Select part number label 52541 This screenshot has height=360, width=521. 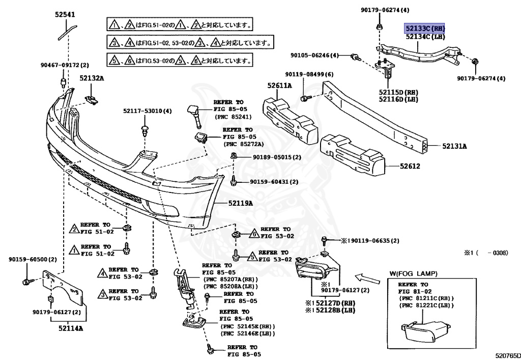pos(66,15)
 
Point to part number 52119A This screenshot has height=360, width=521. pos(240,203)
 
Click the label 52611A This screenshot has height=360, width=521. pos(281,86)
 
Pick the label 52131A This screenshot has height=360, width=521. pos(454,146)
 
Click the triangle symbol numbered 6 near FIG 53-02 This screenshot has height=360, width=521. pos(253,235)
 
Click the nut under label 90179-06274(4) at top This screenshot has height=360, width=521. pos(379,25)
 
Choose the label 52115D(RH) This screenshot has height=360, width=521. pos(398,92)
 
